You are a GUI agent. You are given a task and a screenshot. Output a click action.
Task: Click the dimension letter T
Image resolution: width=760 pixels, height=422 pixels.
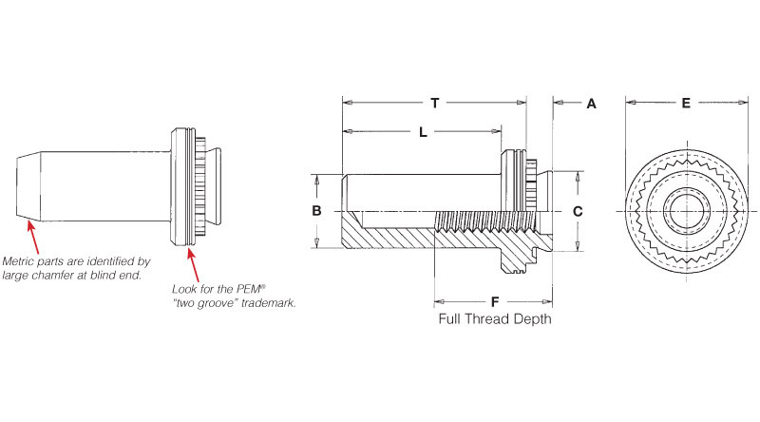pyautogui.click(x=434, y=102)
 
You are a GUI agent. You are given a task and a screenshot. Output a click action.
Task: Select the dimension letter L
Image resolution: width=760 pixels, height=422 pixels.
pyautogui.click(x=423, y=132)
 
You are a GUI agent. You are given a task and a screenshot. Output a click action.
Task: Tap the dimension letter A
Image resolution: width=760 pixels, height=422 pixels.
pyautogui.click(x=590, y=104)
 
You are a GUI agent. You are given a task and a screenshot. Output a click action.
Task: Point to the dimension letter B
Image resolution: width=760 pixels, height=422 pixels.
pyautogui.click(x=317, y=210)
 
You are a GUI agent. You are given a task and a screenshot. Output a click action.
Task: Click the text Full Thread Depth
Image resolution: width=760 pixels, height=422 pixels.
pyautogui.click(x=494, y=319)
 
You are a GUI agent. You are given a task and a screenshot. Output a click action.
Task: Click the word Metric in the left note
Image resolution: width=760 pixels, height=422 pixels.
pyautogui.click(x=21, y=260)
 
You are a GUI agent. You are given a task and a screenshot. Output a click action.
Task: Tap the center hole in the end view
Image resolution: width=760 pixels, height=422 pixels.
pyautogui.click(x=685, y=210)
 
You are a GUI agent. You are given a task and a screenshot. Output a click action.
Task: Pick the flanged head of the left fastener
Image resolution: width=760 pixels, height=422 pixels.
pyautogui.click(x=180, y=184)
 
